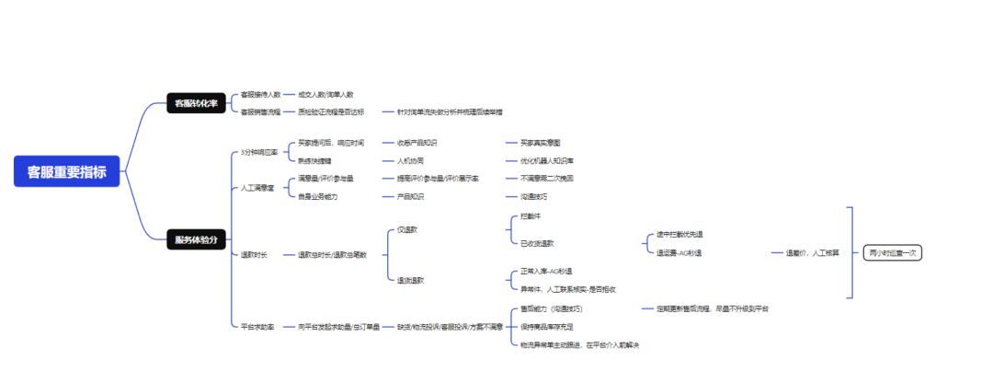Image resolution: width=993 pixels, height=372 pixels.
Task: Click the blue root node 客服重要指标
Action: pos(67,171)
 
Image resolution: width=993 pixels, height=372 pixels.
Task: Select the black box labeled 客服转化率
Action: pos(196,104)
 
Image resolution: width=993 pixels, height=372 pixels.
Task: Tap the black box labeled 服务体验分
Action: pos(196,240)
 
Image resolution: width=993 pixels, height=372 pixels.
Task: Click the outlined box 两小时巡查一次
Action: pos(893,252)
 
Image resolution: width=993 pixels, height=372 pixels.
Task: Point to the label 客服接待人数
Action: pos(261,95)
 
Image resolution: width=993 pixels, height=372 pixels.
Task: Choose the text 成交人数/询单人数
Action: pos(325,95)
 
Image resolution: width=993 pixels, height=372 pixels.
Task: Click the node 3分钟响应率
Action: pos(258,153)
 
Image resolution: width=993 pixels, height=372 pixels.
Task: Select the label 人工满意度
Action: pos(257,188)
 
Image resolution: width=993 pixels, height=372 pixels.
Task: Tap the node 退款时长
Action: pos(254,255)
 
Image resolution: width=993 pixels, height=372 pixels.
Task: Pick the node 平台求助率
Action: pos(257,327)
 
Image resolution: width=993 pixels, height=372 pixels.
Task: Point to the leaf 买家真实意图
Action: pos(540,143)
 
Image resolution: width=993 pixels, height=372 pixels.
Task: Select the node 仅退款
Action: pos(406,228)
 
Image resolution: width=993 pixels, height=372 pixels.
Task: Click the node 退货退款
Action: pos(410,280)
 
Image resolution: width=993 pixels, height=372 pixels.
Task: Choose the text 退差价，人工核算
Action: pos(812,252)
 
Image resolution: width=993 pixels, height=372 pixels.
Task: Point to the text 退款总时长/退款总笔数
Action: pos(331,255)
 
